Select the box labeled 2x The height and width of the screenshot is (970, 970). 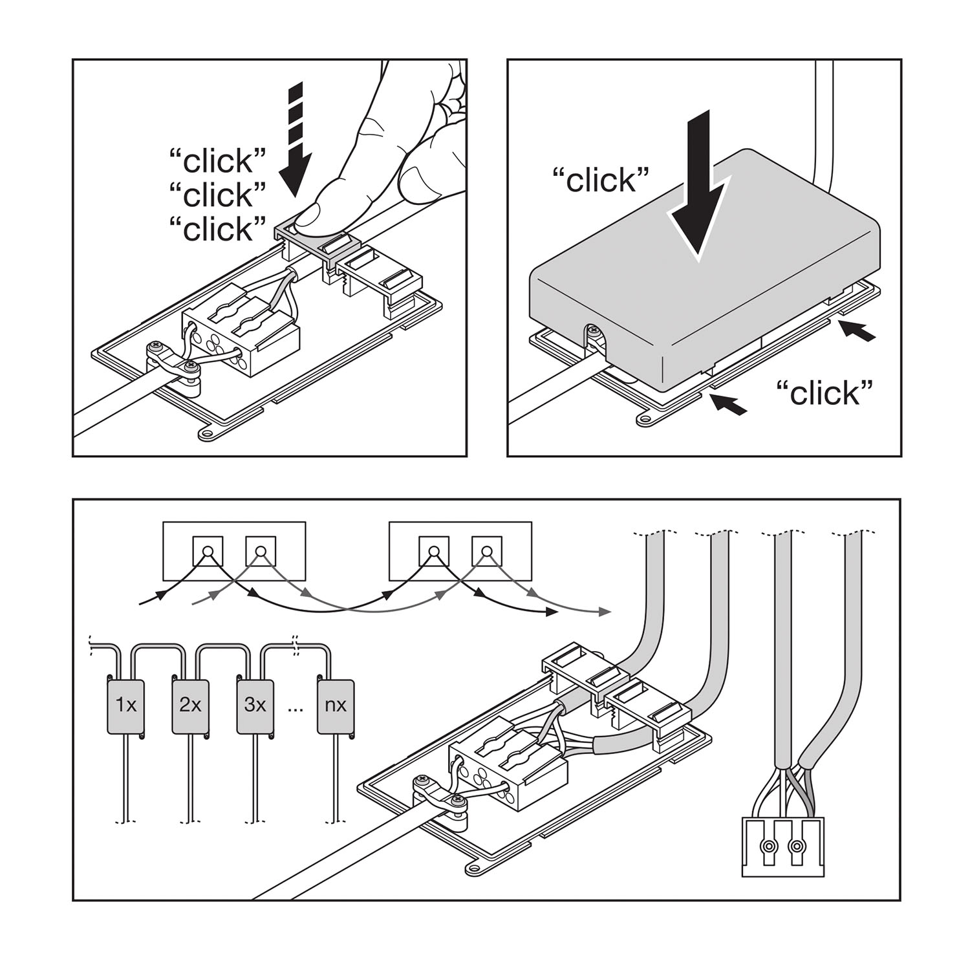coord(190,706)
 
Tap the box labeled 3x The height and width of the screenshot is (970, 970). coord(255,706)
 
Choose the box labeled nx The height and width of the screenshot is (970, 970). coord(336,706)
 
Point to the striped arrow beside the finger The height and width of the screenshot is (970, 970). coord(296,139)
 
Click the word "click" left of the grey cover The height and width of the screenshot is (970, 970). coord(601,180)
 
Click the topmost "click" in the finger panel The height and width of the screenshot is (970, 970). coord(218,160)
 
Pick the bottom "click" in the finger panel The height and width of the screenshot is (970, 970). coord(218,229)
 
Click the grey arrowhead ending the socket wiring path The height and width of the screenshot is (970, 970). coord(604,612)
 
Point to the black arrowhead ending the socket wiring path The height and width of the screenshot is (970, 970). coord(551,611)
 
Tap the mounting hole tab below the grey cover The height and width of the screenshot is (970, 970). coord(644,419)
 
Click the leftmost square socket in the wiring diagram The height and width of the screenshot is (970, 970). coord(208,552)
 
